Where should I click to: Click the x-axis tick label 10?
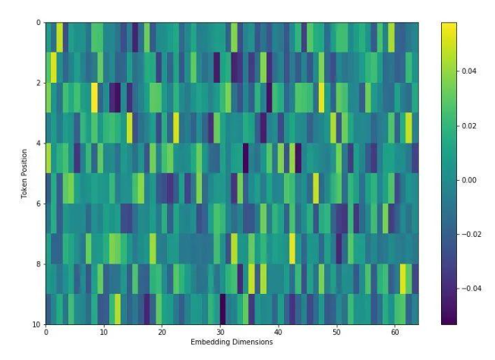click(103, 332)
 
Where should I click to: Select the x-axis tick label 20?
click(162, 332)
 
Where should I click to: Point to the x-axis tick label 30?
click(220, 332)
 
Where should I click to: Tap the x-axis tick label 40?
click(278, 332)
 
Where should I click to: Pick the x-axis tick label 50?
click(336, 332)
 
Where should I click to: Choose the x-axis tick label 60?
click(395, 332)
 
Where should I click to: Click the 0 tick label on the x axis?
click(46, 332)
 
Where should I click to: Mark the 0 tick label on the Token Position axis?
click(39, 23)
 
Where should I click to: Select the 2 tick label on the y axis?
click(39, 83)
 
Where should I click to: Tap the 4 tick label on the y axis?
click(39, 144)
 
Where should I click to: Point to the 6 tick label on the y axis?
click(39, 204)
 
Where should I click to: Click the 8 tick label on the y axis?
click(39, 264)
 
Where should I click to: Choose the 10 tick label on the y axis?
click(36, 324)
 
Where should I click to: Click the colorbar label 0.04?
click(468, 71)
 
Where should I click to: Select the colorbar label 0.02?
click(468, 126)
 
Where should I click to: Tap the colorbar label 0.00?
click(468, 180)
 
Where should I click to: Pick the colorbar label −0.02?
click(471, 235)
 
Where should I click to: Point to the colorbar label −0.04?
click(471, 289)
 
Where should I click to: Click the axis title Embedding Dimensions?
click(232, 342)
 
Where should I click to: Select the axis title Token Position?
click(24, 174)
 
